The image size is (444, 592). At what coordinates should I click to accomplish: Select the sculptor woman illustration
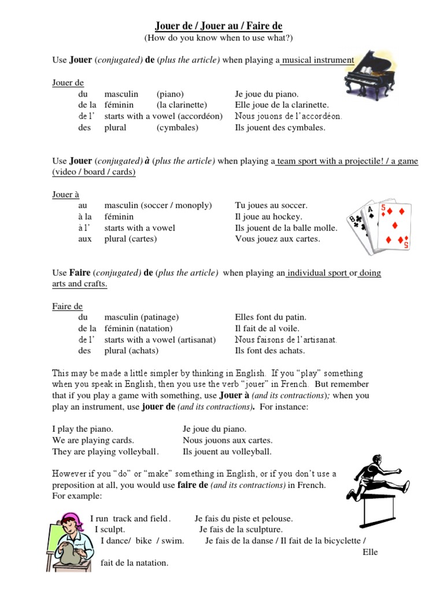[x=69, y=541]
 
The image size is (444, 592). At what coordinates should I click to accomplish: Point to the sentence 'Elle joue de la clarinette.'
[x=282, y=105]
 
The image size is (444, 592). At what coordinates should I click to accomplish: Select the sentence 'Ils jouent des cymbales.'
[x=280, y=127]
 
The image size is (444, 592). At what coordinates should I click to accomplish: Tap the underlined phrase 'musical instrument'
[x=317, y=60]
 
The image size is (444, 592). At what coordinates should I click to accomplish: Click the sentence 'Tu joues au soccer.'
[x=271, y=205]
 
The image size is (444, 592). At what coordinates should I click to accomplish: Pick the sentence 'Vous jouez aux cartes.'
[x=277, y=239]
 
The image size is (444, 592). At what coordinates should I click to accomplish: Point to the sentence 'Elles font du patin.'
[x=271, y=317]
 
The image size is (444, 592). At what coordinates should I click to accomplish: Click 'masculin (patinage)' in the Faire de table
[x=141, y=317]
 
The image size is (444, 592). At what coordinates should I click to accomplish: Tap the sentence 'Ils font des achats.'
[x=269, y=350]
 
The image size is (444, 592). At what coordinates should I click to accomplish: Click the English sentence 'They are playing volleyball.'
[x=105, y=452]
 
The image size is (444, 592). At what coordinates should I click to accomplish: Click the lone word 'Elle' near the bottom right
[x=370, y=552]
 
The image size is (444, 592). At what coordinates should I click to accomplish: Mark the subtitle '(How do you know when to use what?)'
[x=219, y=38]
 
